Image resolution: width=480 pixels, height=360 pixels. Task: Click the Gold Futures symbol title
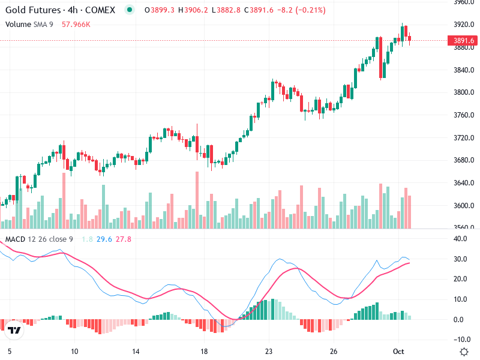pos(60,10)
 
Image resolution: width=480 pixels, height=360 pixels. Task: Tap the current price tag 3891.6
pos(463,41)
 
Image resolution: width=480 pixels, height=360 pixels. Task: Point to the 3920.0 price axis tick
pos(463,25)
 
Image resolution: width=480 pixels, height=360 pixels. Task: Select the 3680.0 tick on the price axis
pos(463,160)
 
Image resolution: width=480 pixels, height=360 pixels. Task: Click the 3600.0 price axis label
pos(463,206)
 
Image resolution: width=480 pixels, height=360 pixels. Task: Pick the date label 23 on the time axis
pos(269,352)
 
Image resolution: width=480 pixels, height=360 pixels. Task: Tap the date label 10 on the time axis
pos(74,352)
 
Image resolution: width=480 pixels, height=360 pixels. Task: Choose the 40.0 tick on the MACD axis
pos(460,239)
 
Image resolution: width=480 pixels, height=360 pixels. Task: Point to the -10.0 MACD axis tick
pos(460,340)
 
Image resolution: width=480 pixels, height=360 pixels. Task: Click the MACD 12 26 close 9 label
pos(39,239)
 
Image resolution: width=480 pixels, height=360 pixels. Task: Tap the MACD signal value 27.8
pos(124,239)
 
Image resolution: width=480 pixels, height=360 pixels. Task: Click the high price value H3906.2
pos(188,10)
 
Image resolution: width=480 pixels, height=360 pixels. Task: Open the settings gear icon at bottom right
pos(463,352)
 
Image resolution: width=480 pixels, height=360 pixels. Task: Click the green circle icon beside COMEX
pos(129,10)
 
